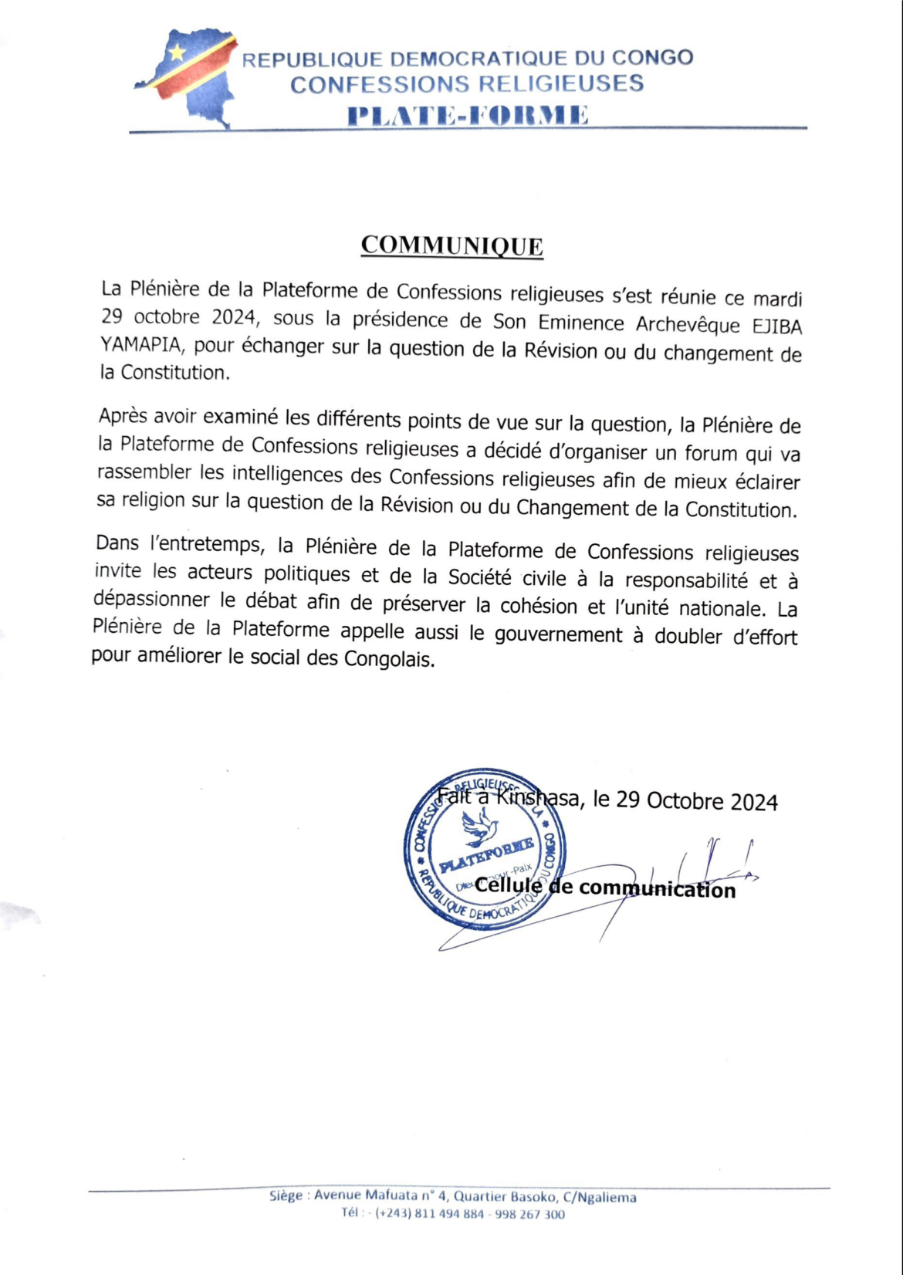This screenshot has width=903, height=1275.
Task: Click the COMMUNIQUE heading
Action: [x=451, y=245]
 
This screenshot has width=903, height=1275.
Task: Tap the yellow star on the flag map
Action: [x=178, y=52]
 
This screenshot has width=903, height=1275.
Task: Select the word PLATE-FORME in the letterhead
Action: [x=468, y=115]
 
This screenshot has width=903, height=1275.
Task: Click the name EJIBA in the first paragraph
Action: [x=777, y=326]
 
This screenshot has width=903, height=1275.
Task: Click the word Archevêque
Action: [x=688, y=325]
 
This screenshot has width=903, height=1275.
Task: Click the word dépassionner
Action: [x=151, y=599]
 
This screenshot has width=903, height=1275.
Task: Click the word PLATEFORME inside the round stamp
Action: [x=486, y=854]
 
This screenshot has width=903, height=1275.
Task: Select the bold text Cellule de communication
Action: [x=604, y=888]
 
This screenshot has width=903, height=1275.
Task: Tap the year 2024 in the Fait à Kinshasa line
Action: [x=754, y=802]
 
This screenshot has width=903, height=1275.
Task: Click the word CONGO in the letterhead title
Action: [x=652, y=58]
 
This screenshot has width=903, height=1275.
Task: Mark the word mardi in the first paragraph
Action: [x=777, y=299]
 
